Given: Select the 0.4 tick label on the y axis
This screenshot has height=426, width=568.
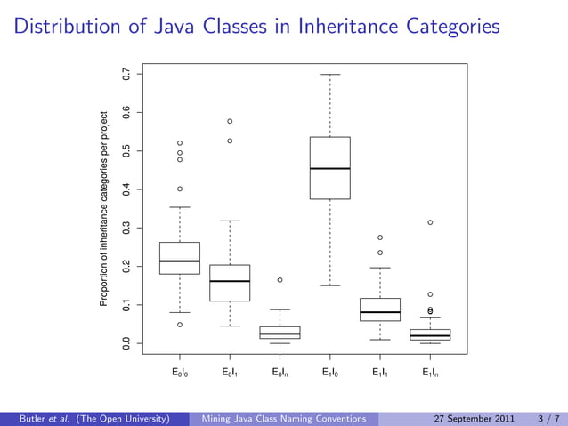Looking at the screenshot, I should point(126,189).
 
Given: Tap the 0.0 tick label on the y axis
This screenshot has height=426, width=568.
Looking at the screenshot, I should point(126,343).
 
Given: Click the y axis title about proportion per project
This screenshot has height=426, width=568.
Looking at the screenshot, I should point(103,210).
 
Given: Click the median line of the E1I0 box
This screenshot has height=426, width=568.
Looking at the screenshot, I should point(329,168).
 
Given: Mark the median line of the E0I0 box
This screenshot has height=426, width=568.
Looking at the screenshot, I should point(180,261).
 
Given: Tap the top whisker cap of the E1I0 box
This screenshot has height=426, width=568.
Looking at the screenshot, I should point(329,75).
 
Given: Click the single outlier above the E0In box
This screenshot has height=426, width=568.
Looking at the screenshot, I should point(280,280).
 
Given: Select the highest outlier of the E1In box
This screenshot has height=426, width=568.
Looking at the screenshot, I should point(430,222).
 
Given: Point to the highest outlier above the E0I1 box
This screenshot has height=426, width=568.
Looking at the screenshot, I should point(230,121).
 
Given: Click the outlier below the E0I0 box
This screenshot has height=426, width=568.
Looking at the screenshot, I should point(180,325).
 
